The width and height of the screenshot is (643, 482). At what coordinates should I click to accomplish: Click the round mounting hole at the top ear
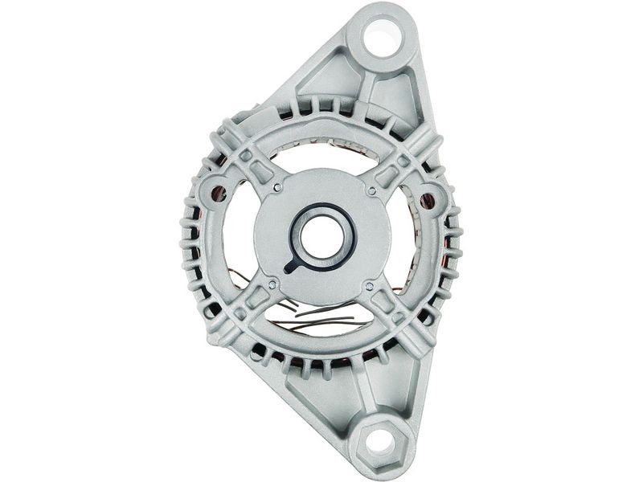(383, 39)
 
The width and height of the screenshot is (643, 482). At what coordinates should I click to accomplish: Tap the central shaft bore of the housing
(322, 236)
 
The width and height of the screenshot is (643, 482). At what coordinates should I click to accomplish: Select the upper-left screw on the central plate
(276, 187)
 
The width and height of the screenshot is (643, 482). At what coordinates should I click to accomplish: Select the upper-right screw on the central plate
(371, 190)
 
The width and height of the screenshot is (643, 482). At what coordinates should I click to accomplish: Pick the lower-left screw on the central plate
(272, 284)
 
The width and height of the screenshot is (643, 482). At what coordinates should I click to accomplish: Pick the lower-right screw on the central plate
(369, 285)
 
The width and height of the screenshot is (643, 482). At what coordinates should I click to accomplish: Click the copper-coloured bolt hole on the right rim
(427, 198)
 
